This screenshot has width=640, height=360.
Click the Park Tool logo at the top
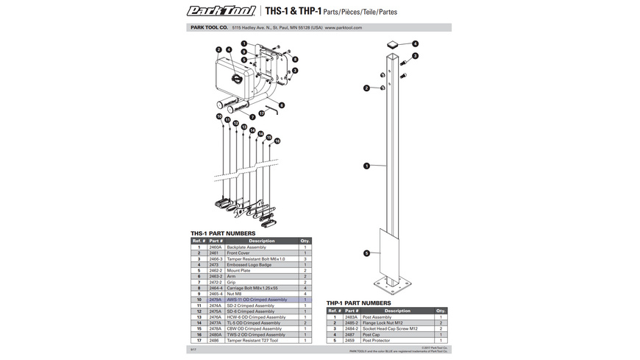pyautogui.click(x=221, y=10)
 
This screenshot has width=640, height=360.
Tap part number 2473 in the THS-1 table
pyautogui.click(x=216, y=265)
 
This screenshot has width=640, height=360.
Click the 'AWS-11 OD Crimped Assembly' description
pyautogui.click(x=257, y=300)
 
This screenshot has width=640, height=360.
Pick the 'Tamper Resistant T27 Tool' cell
pyautogui.click(x=254, y=341)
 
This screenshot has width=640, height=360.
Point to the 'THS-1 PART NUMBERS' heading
pyautogui.click(x=224, y=232)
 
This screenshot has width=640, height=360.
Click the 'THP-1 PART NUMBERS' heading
pyautogui.click(x=359, y=303)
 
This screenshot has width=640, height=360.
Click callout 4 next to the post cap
pyautogui.click(x=415, y=44)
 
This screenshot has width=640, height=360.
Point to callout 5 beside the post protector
pyautogui.click(x=366, y=253)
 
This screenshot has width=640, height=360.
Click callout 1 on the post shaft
pyautogui.click(x=366, y=166)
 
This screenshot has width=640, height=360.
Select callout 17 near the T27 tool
pyautogui.click(x=261, y=113)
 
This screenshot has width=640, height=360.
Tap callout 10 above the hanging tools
pyautogui.click(x=219, y=116)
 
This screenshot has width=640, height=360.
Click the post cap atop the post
pyautogui.click(x=393, y=43)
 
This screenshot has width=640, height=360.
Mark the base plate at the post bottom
pyautogui.click(x=393, y=283)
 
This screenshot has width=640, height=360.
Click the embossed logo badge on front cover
pyautogui.click(x=236, y=80)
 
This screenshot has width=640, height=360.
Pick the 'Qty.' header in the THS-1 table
pyautogui.click(x=305, y=241)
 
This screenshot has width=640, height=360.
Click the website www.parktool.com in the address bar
pyautogui.click(x=344, y=28)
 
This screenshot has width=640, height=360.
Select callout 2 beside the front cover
pyautogui.click(x=219, y=50)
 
